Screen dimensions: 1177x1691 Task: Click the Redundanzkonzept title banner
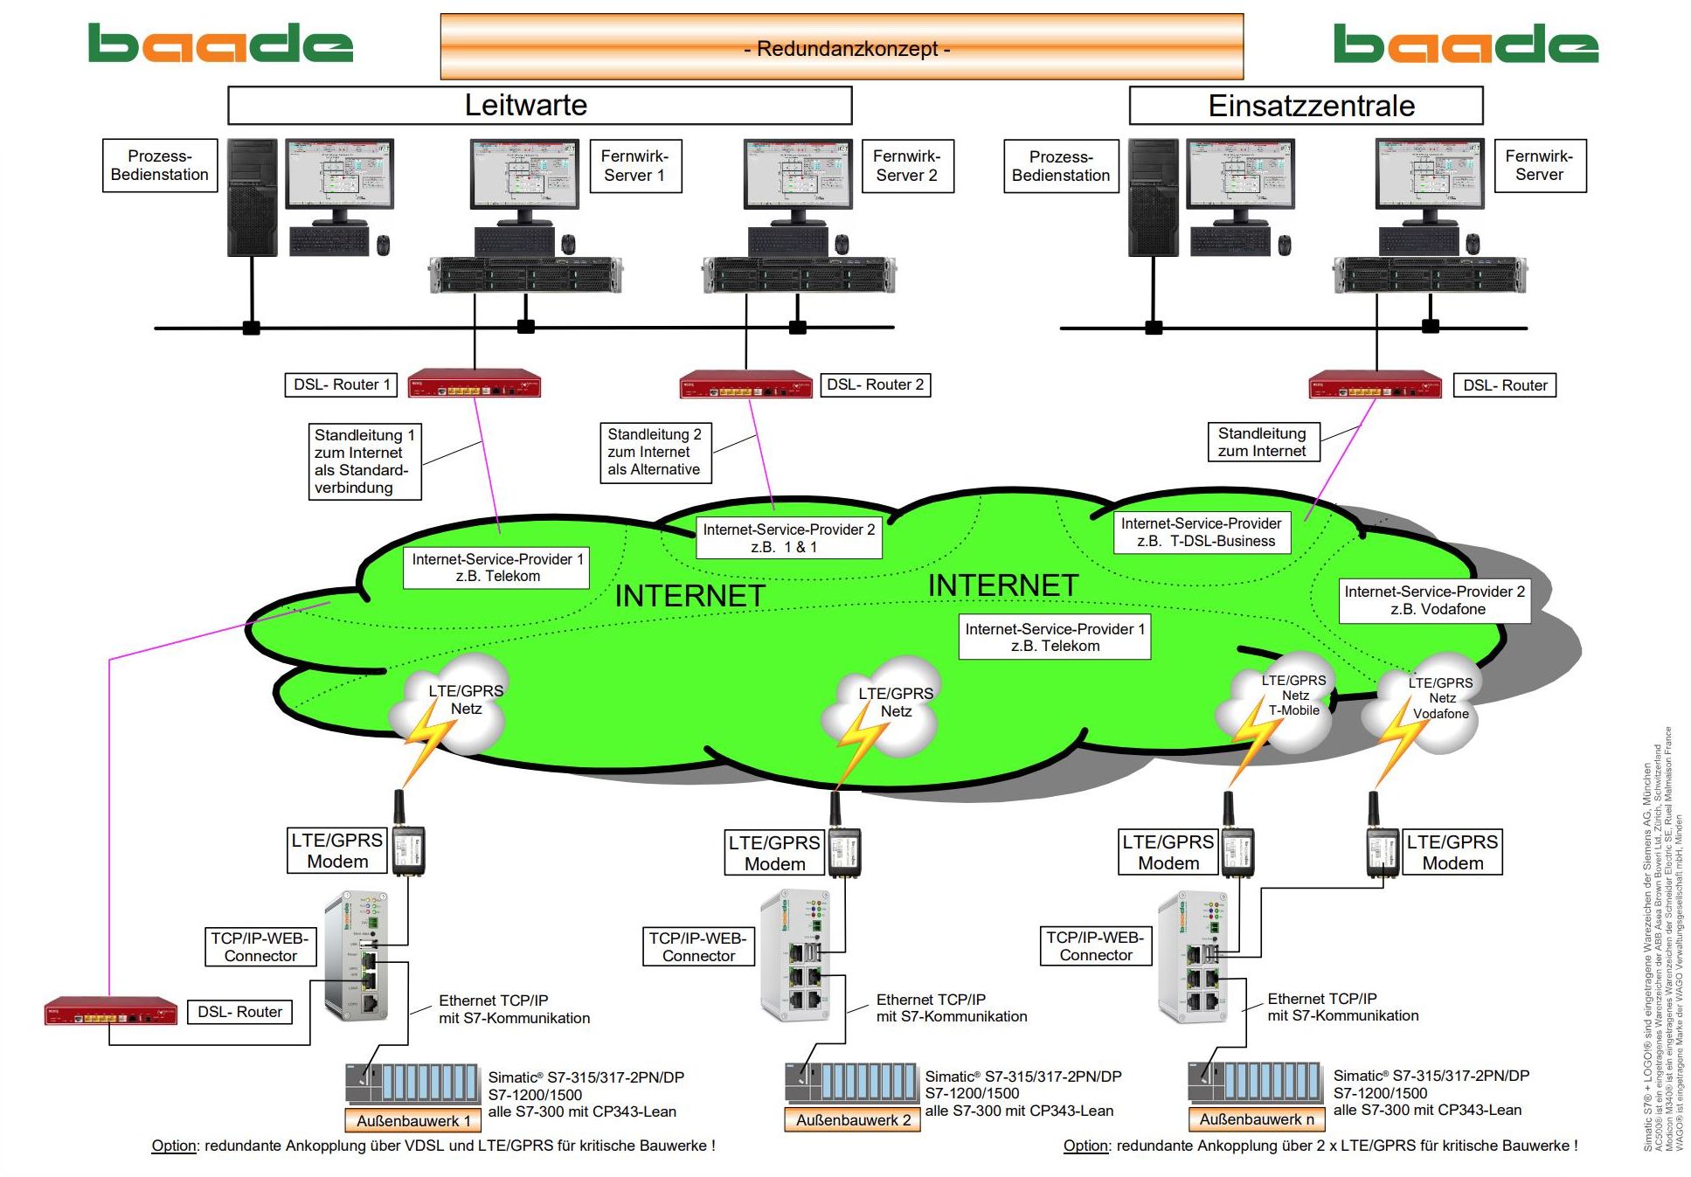(x=841, y=47)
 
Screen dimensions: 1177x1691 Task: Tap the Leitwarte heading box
(x=539, y=106)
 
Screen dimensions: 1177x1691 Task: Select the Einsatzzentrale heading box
(x=1305, y=106)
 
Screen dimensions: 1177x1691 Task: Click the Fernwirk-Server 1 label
(x=634, y=165)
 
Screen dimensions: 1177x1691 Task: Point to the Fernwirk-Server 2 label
(x=906, y=165)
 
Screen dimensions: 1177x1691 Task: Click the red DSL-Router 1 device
(x=474, y=384)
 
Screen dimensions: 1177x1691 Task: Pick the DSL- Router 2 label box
(x=875, y=384)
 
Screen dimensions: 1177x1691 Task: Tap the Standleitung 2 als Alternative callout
(x=655, y=452)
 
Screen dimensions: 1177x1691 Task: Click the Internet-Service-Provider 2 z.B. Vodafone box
(x=1434, y=600)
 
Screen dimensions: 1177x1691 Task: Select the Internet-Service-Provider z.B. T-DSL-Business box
(x=1202, y=532)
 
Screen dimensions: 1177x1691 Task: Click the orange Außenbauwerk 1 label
(x=412, y=1120)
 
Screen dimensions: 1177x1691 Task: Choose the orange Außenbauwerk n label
(x=1256, y=1119)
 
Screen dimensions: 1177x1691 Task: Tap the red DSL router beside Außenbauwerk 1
(x=111, y=1011)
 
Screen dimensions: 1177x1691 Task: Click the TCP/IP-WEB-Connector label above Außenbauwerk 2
(x=697, y=946)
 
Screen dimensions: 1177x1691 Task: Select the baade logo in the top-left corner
(x=220, y=44)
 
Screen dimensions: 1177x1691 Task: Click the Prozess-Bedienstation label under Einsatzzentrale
(x=1060, y=166)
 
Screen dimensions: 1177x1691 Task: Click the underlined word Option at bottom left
(x=173, y=1146)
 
